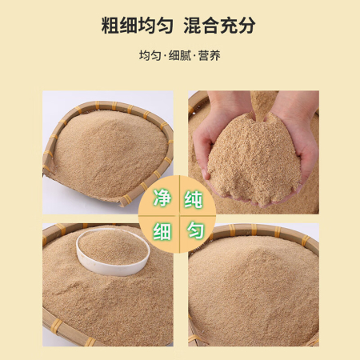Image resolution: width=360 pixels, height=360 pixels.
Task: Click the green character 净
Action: coord(162,198)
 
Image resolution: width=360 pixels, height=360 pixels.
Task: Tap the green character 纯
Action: coord(194,199)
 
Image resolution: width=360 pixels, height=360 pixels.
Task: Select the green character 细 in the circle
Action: coord(162,231)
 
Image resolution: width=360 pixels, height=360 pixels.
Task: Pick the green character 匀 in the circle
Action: coord(195,230)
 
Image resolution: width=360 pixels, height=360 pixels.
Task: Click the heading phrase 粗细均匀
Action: coord(138,26)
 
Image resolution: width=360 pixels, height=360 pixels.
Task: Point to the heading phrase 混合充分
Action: coord(219,26)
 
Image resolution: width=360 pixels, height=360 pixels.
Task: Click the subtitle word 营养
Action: coord(210,56)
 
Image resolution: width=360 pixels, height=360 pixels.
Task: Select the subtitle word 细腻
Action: coord(180,56)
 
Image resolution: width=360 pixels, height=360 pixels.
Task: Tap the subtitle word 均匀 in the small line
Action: coord(150,56)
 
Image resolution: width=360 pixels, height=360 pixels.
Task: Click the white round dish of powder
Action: coord(113,252)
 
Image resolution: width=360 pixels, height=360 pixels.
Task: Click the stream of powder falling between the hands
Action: coord(260,106)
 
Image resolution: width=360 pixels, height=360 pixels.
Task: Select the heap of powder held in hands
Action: coord(254,160)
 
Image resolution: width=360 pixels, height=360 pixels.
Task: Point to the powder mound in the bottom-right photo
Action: coord(254,288)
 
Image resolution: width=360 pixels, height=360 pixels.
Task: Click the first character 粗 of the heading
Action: coord(110,26)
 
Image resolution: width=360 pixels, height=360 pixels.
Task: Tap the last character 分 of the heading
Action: coord(247,26)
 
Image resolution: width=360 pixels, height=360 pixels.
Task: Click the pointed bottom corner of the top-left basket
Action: coord(122,204)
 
